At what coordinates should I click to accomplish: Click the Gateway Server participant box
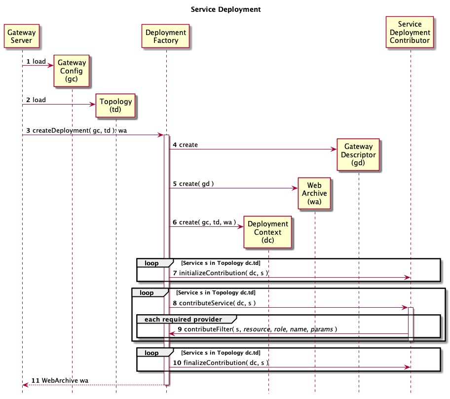(22, 36)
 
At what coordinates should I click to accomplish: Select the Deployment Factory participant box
(166, 36)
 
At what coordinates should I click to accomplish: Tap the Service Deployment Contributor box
(410, 32)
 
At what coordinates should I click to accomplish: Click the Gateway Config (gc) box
(72, 71)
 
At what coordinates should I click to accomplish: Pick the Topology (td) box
(116, 106)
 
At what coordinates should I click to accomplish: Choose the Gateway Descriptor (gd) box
(359, 154)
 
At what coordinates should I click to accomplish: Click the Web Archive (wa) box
(314, 193)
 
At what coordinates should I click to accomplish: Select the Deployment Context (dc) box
(268, 232)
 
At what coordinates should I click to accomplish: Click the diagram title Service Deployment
(225, 9)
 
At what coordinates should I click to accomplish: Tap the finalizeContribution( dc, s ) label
(224, 363)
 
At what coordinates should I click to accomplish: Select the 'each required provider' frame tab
(184, 319)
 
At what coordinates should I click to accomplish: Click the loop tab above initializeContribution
(152, 263)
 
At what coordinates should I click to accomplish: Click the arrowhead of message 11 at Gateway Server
(25, 385)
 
